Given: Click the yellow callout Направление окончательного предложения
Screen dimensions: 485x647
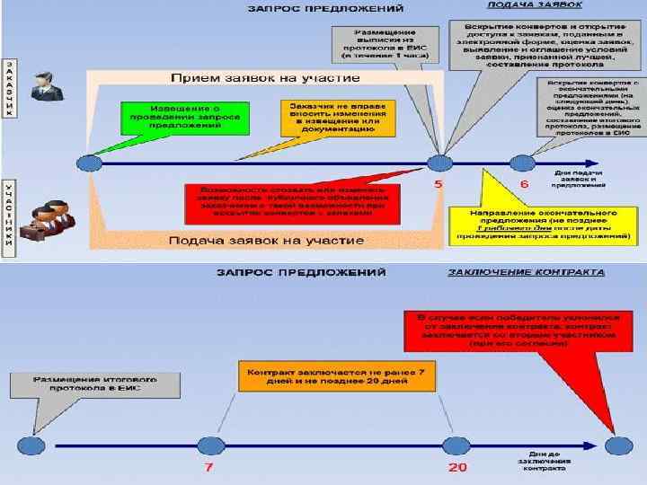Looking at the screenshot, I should point(542,226).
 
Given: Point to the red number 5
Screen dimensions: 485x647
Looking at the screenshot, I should point(439,184).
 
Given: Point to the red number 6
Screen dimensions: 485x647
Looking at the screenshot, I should point(525,184).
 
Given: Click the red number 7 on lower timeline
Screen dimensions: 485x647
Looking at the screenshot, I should point(208,469).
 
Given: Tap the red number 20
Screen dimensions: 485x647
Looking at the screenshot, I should point(457,469).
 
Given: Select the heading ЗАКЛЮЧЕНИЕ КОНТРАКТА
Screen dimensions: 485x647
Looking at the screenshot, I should point(525,271).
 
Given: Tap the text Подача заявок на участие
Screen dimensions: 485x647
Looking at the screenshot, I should point(266,241).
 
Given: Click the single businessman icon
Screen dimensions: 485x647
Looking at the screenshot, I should point(43,86).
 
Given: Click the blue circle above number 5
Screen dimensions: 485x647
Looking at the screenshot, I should point(439,163).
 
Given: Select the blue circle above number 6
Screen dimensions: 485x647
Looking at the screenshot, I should point(522,163).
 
